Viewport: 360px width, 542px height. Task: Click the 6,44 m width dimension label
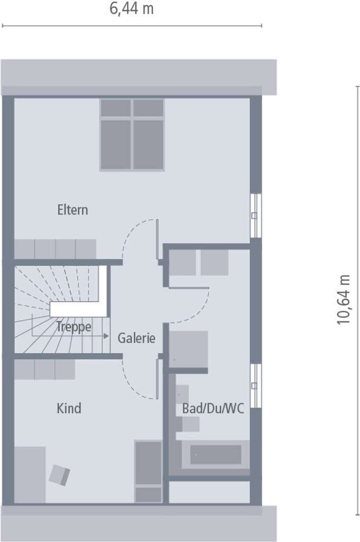coord(131,8)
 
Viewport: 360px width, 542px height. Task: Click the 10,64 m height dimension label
coord(344,300)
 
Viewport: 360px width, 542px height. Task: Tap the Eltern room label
coord(73,210)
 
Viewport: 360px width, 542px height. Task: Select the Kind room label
coord(69,408)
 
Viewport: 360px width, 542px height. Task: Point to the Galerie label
coord(137,338)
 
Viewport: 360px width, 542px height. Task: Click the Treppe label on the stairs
coord(74,327)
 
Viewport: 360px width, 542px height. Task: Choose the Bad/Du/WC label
coord(213,409)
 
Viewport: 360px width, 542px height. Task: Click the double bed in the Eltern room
coord(132,135)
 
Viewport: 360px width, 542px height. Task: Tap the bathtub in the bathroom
coord(215,454)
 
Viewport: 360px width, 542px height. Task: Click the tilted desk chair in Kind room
coord(59,475)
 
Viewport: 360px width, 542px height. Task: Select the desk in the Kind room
coord(30,475)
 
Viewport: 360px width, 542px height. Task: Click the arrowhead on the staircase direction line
coord(106,336)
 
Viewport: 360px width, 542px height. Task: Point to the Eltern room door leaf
coord(157,239)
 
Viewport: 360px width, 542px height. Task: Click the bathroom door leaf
coord(189,287)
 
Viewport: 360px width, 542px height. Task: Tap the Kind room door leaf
coord(157,379)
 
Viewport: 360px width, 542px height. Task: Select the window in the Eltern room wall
coord(256,216)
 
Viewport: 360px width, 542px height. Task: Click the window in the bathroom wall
coord(256,386)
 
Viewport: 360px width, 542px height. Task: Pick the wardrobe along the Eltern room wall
coord(55,249)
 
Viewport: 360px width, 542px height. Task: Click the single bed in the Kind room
coord(148,472)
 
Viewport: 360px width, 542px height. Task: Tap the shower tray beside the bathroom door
coord(188,349)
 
